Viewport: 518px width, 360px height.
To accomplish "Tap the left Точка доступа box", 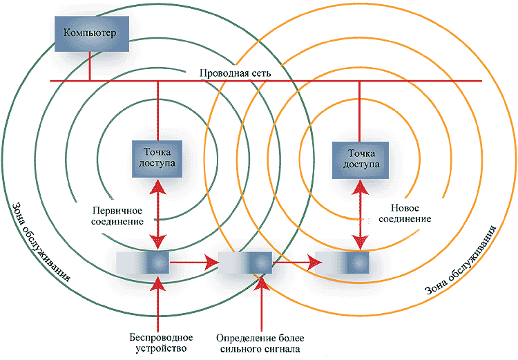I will click(158, 158).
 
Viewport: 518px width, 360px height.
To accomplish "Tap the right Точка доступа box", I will click(359, 158).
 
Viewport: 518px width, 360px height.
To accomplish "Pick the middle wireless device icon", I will click(247, 263).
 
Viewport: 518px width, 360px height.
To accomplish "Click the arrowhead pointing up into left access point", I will click(158, 185).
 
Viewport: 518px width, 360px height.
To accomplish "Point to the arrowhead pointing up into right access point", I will click(359, 185).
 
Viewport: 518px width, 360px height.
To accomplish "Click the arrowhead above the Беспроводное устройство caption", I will click(158, 285).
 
